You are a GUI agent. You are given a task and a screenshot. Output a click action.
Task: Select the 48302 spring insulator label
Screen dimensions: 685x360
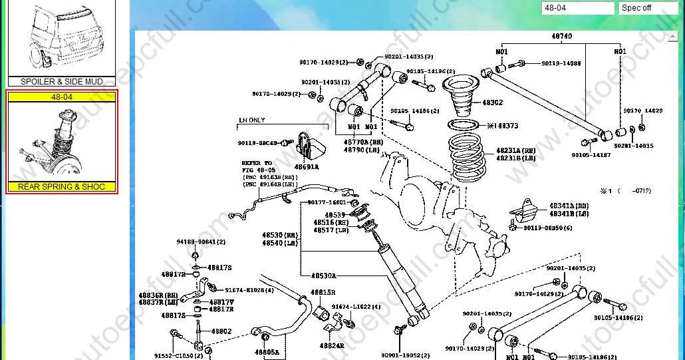click(492, 103)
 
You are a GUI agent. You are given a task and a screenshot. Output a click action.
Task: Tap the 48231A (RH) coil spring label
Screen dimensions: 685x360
click(515, 150)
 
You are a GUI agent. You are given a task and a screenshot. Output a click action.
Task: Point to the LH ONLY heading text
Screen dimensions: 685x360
click(252, 120)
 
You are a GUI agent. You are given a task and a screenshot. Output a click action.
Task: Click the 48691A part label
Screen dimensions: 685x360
click(307, 167)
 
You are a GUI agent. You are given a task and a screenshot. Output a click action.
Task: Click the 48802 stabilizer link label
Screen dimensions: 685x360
click(221, 331)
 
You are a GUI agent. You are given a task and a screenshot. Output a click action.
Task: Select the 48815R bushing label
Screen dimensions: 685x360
click(323, 292)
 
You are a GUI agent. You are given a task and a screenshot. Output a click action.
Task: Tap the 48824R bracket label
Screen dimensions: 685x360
click(331, 345)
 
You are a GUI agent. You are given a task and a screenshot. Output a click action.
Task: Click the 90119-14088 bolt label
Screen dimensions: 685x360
click(561, 64)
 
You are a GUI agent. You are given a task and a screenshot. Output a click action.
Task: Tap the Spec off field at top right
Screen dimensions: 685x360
click(648, 8)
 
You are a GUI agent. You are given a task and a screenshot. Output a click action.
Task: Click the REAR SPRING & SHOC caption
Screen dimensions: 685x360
click(61, 187)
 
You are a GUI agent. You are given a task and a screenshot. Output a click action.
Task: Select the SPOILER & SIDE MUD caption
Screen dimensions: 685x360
click(61, 82)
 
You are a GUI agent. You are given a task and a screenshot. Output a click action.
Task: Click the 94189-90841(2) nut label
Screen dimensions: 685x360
click(201, 242)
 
